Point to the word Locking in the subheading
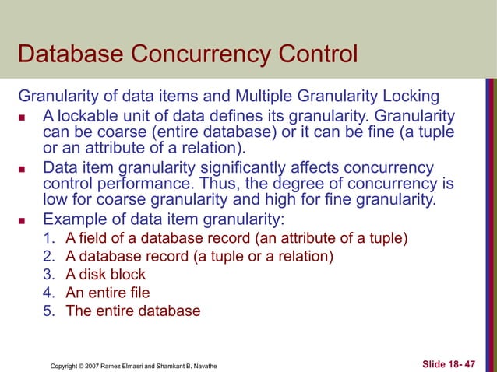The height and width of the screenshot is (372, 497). [409, 98]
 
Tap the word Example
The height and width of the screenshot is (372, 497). [75, 218]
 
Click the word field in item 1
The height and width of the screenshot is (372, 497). [91, 237]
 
